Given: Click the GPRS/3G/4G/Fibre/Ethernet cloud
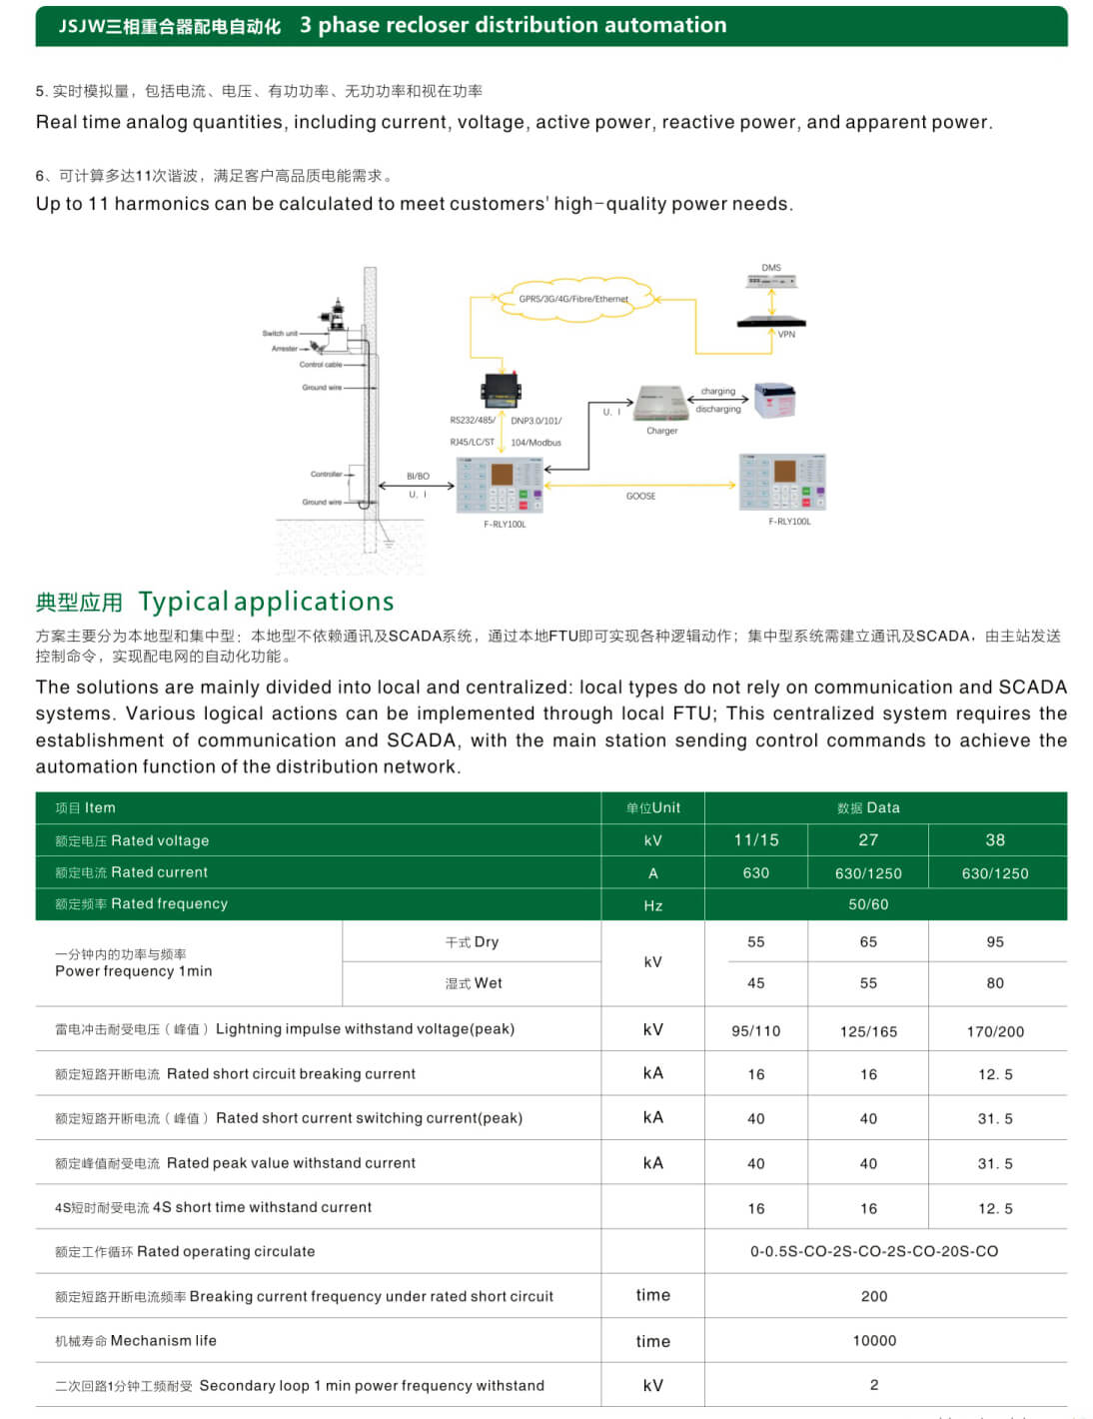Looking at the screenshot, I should click(573, 299).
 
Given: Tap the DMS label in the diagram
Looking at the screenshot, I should click(771, 268).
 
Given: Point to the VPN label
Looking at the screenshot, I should click(786, 334).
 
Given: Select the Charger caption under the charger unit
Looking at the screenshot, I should click(661, 431).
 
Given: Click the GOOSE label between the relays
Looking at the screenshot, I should click(640, 496).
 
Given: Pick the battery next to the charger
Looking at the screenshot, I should click(774, 400).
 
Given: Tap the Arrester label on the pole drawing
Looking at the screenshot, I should click(285, 349).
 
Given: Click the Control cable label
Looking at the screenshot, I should click(321, 365).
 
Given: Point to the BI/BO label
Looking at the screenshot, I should click(418, 477).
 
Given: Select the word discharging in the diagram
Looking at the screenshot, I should click(718, 409).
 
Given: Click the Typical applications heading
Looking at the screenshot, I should click(266, 602).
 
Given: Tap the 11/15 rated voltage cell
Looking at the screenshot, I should click(755, 840).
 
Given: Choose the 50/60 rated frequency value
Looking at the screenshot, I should click(868, 904).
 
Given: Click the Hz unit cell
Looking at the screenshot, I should click(652, 905).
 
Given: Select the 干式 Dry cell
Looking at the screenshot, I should click(473, 942).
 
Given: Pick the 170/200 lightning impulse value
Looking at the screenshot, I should click(995, 1031).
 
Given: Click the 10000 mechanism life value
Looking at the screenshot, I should click(874, 1341).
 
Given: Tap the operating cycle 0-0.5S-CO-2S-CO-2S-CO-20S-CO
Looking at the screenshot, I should click(874, 1251).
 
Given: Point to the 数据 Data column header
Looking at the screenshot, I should click(868, 807).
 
